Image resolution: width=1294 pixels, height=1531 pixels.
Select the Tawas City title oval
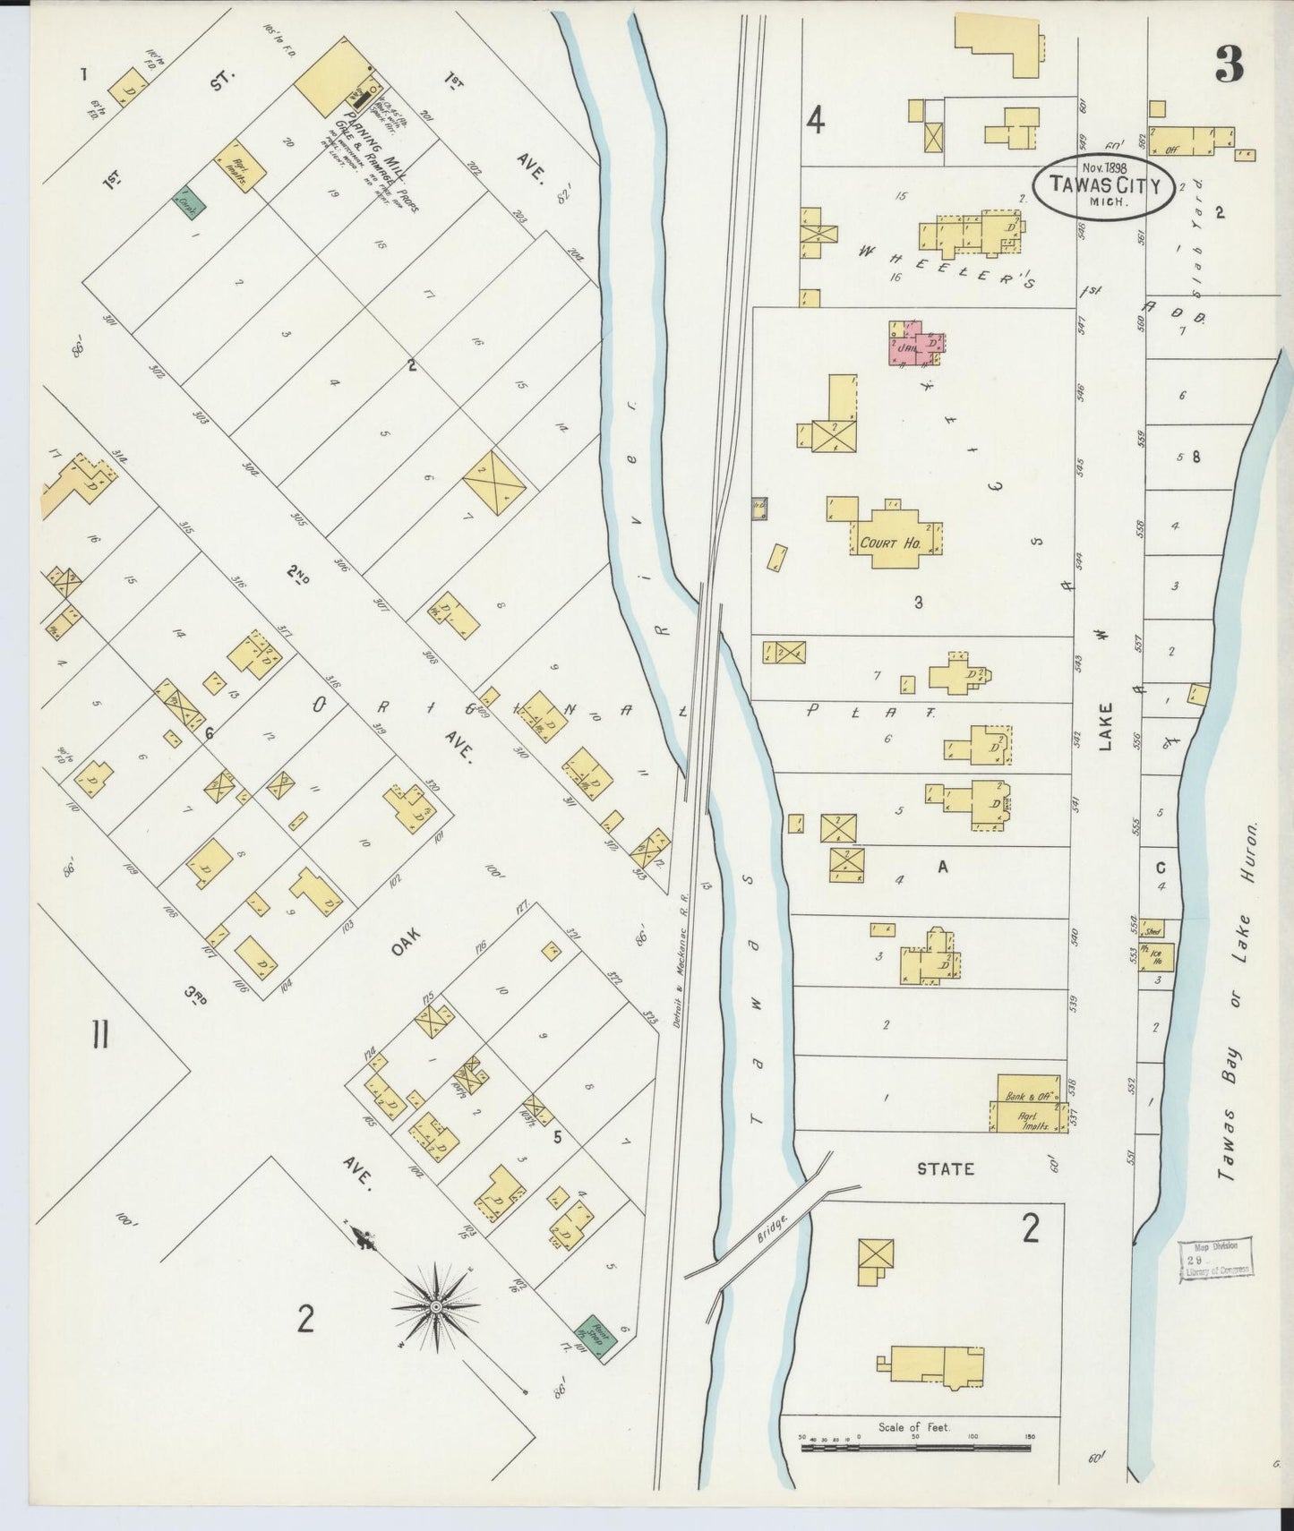[1103, 186]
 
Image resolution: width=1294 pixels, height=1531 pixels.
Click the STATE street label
[945, 1168]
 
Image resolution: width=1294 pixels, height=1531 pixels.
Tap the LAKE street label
[1106, 725]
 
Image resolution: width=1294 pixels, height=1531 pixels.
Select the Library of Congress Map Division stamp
[1215, 1258]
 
